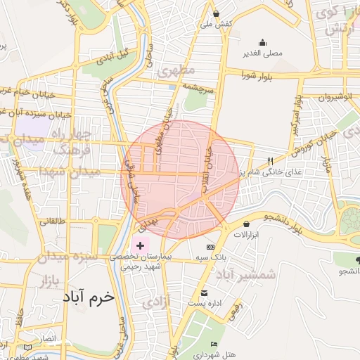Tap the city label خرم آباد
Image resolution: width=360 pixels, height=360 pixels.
pyautogui.click(x=87, y=297)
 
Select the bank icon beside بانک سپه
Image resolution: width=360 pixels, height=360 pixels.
pyautogui.click(x=210, y=247)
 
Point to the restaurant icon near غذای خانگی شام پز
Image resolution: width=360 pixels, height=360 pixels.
pyautogui.click(x=271, y=161)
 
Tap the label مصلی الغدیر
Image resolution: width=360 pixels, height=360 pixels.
pyautogui.click(x=262, y=53)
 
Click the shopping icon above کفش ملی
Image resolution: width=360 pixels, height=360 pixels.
pyautogui.click(x=216, y=14)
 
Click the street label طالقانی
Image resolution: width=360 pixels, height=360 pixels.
pyautogui.click(x=51, y=221)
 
